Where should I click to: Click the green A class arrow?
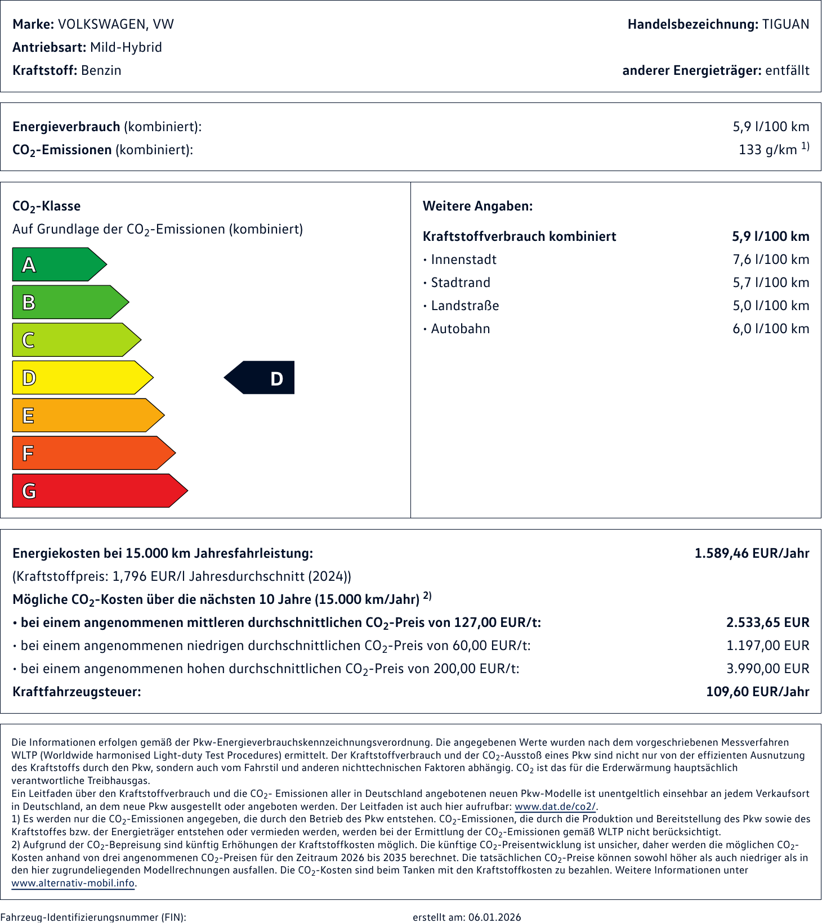pyautogui.click(x=56, y=265)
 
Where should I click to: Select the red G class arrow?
pyautogui.click(x=96, y=491)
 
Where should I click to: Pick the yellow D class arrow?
pyautogui.click(x=79, y=378)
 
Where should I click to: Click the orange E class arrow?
pyautogui.click(x=84, y=415)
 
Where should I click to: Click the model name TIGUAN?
pyautogui.click(x=785, y=24)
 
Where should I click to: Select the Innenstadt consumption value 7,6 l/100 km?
pyautogui.click(x=770, y=259)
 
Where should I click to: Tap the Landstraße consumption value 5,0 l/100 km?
pyautogui.click(x=770, y=306)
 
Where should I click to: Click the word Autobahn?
pyautogui.click(x=460, y=329)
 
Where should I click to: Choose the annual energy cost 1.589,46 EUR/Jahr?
pyautogui.click(x=752, y=553)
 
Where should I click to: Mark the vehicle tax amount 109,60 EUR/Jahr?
pyautogui.click(x=757, y=692)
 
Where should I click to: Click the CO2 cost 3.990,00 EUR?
pyautogui.click(x=767, y=669)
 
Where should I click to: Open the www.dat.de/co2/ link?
pyautogui.click(x=555, y=806)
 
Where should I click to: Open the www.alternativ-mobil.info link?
pyautogui.click(x=73, y=883)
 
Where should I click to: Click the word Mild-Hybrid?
pyautogui.click(x=126, y=47)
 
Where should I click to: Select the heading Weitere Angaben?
pyautogui.click(x=477, y=206)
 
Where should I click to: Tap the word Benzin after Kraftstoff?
pyautogui.click(x=101, y=70)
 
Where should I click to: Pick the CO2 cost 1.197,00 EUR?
pyautogui.click(x=767, y=646)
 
